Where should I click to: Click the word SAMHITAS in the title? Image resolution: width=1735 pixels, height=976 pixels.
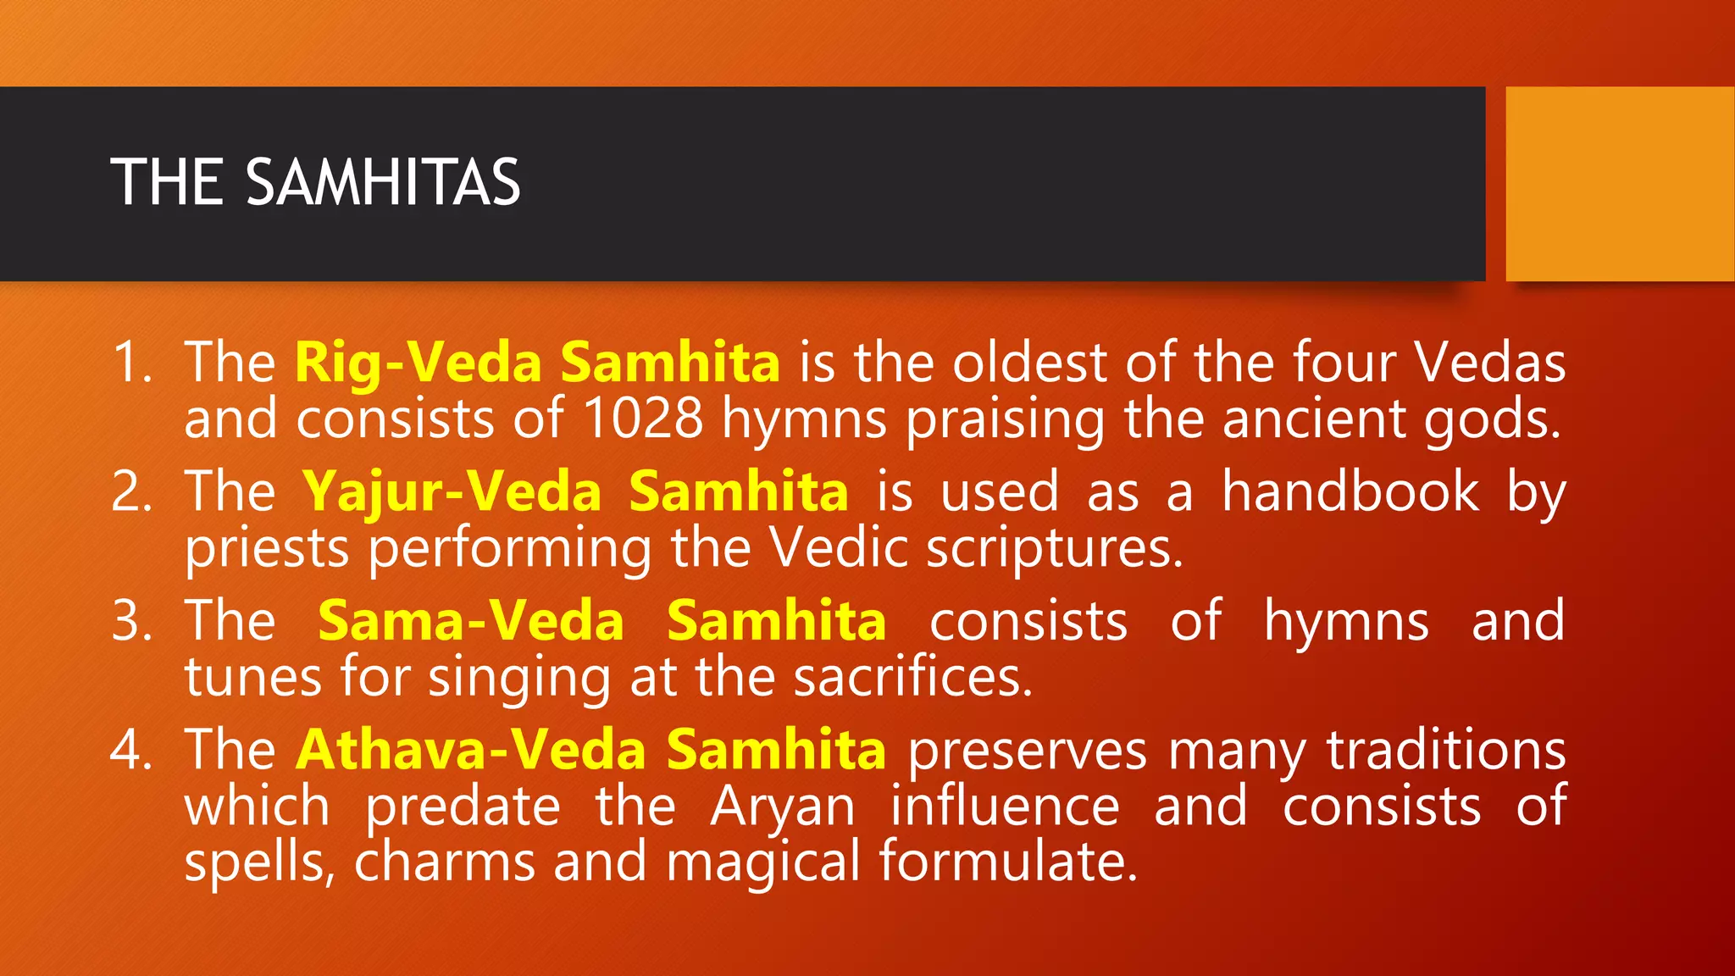(383, 182)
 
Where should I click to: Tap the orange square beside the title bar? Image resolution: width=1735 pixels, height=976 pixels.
(1620, 184)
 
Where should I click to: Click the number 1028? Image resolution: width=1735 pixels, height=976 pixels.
(643, 419)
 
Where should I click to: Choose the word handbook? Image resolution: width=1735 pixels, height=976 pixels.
(1350, 492)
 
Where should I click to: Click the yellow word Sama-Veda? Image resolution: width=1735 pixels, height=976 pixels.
(471, 621)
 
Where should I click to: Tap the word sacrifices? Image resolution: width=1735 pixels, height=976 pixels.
(913, 678)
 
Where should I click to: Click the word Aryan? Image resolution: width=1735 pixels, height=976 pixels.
(783, 807)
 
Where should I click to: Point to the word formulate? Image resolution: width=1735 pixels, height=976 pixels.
(1008, 862)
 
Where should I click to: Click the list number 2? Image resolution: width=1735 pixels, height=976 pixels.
(131, 492)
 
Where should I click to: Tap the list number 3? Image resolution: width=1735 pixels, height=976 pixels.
(131, 621)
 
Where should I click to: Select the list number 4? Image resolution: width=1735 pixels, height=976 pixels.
(131, 750)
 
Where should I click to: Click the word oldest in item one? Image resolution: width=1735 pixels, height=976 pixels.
(1029, 363)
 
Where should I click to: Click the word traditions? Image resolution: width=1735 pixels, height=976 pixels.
(1446, 750)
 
